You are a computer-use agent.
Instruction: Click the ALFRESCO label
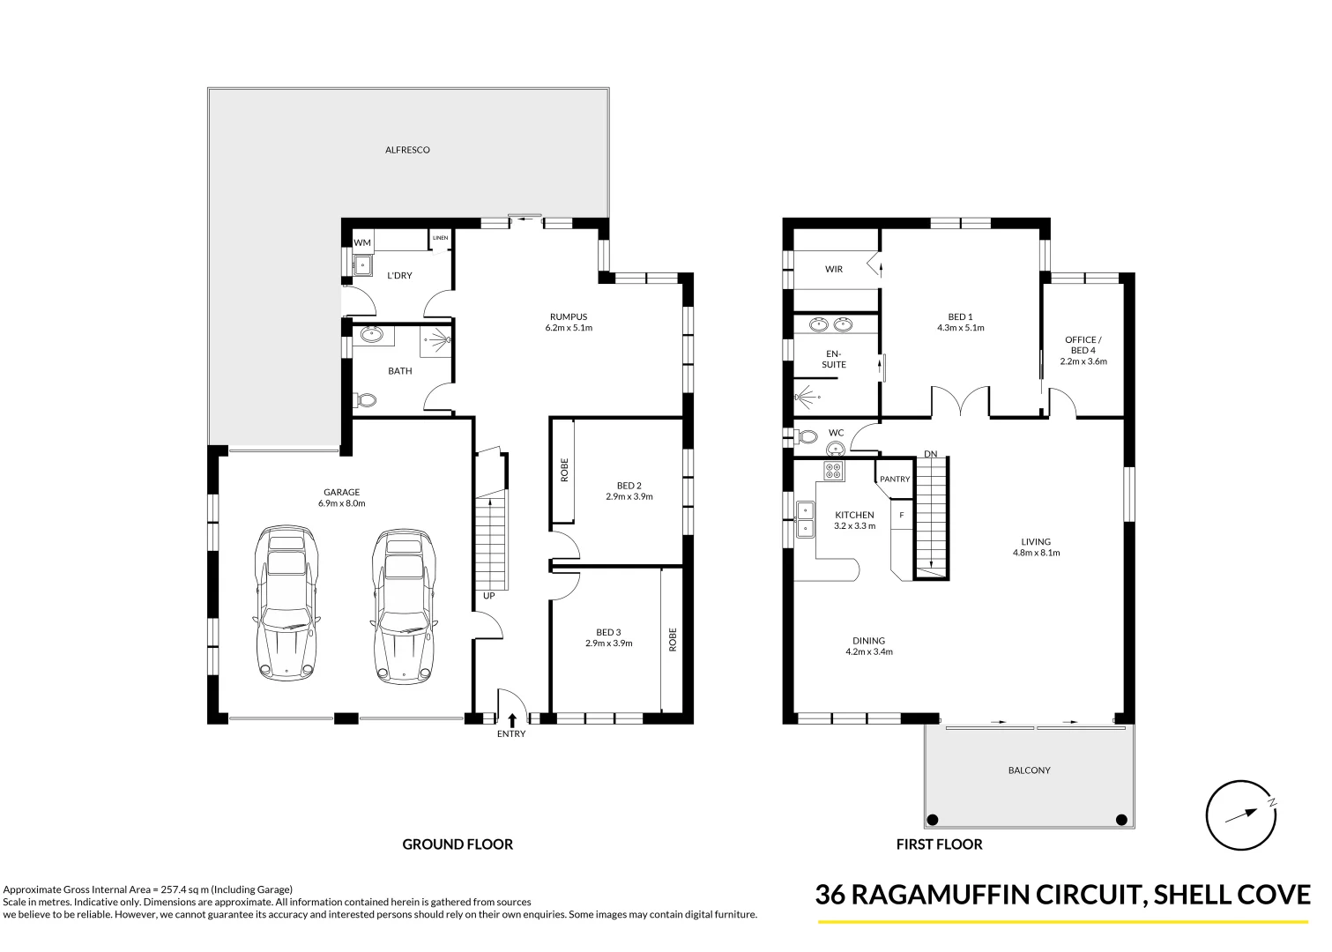(407, 150)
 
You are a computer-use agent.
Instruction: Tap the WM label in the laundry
(362, 242)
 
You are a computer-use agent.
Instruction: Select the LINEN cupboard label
(440, 238)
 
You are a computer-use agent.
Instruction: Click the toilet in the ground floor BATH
(365, 400)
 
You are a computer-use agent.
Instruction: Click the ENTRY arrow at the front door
(511, 720)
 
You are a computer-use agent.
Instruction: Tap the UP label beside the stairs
(488, 596)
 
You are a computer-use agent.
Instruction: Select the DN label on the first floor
(930, 454)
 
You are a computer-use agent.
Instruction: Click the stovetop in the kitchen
(833, 472)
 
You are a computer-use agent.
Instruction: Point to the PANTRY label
(895, 480)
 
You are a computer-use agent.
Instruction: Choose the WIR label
(833, 269)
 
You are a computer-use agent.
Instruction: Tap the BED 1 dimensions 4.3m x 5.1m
(960, 328)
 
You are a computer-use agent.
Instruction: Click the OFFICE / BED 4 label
(1083, 345)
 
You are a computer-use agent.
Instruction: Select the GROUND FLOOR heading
(458, 844)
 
